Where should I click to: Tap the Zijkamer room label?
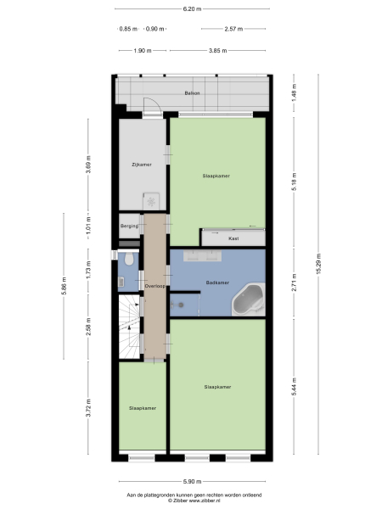[x=142, y=164]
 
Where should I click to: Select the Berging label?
[x=129, y=226]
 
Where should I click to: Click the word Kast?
[x=233, y=239]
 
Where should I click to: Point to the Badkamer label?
[x=218, y=282]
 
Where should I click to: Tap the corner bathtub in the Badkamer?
[x=250, y=299]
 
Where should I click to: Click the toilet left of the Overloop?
[x=126, y=259]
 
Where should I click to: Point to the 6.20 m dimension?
[x=192, y=9]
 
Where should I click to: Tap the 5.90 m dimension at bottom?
[x=192, y=480]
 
